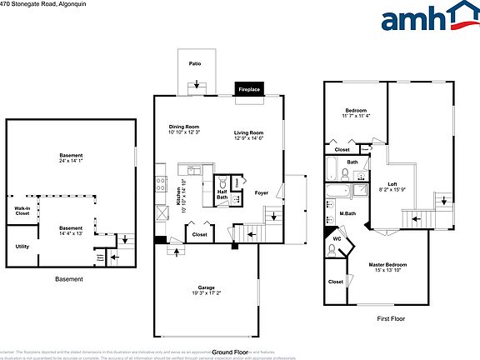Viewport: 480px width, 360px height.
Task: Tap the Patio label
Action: pyautogui.click(x=195, y=63)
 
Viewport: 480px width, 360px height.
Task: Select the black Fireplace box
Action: pyautogui.click(x=249, y=88)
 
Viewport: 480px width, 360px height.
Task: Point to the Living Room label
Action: pyautogui.click(x=248, y=132)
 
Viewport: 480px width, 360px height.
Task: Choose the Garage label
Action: pyautogui.click(x=206, y=287)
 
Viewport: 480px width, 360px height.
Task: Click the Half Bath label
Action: pyautogui.click(x=222, y=194)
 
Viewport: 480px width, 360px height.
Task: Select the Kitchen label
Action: pyautogui.click(x=178, y=194)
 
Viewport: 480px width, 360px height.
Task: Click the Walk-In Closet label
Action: pyautogui.click(x=22, y=212)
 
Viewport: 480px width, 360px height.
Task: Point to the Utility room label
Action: pyautogui.click(x=22, y=247)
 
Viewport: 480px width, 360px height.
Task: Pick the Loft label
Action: pyautogui.click(x=392, y=184)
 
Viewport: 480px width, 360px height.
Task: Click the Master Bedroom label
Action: pyautogui.click(x=387, y=265)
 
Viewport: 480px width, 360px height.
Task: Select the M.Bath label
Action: pyautogui.click(x=348, y=214)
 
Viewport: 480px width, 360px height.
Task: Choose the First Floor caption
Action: pyautogui.click(x=391, y=318)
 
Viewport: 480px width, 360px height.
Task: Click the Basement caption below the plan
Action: pyautogui.click(x=68, y=279)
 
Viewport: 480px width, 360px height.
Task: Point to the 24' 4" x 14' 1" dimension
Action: pyautogui.click(x=71, y=161)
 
